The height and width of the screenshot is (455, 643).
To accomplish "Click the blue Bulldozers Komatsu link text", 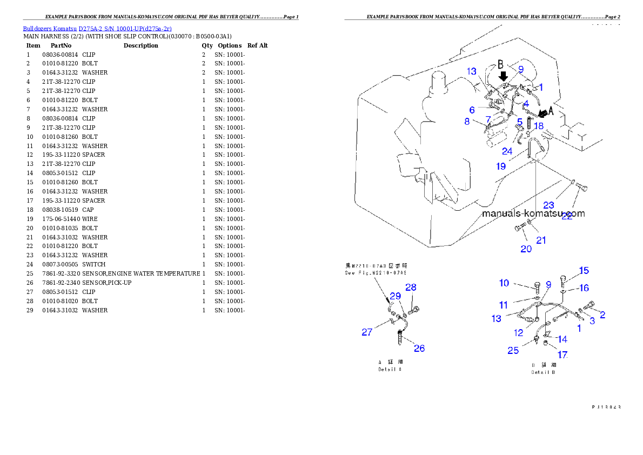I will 97,29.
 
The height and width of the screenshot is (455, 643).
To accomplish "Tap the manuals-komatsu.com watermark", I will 533,213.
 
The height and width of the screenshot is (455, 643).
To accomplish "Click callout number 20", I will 526,249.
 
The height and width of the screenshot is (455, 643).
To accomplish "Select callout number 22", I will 567,216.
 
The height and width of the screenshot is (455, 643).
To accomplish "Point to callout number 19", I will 501,166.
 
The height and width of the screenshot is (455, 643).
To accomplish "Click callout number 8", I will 467,122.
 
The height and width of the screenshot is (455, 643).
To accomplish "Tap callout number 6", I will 472,110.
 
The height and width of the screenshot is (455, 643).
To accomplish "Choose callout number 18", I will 538,125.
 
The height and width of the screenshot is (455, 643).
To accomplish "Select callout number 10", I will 504,283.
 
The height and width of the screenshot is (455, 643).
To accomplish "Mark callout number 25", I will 513,351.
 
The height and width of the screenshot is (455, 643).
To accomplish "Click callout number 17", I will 562,355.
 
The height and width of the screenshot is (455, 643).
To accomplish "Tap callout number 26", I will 419,348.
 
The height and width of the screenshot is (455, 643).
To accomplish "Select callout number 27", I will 367,332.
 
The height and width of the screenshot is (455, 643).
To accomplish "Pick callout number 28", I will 411,287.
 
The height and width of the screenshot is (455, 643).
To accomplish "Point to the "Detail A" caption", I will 390,370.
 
